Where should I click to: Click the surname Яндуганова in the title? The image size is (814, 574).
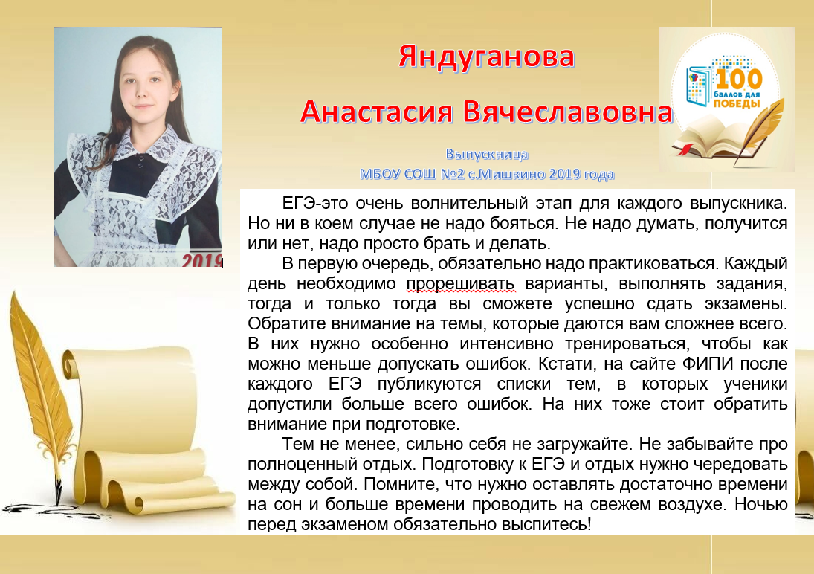click(486, 58)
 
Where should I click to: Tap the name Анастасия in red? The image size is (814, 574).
click(376, 112)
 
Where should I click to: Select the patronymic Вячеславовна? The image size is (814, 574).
click(568, 112)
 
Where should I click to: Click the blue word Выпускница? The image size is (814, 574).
click(487, 154)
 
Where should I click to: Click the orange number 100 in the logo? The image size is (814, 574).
click(739, 80)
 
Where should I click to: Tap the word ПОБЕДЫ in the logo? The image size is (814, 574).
click(737, 104)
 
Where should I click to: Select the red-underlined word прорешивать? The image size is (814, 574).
click(460, 283)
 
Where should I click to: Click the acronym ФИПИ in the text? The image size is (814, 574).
click(708, 364)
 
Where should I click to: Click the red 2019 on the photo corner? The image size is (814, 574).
click(202, 259)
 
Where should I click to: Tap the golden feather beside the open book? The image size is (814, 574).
click(760, 130)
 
